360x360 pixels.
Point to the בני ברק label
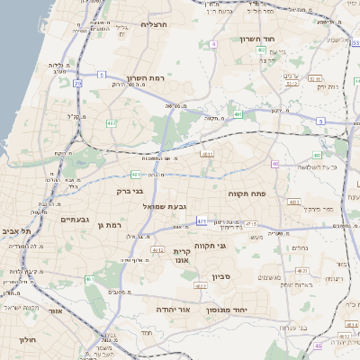pyautogui.click(x=130, y=191)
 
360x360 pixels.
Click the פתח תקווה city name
pyautogui.click(x=245, y=191)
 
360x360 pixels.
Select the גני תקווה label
pyautogui.click(x=234, y=245)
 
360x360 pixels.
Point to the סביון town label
pyautogui.click(x=221, y=276)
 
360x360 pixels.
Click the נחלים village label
pyautogui.click(x=300, y=247)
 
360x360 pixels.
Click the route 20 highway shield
pyautogui.click(x=77, y=84)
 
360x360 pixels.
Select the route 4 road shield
pyautogui.click(x=212, y=43)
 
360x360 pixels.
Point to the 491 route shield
pyautogui.click(x=237, y=115)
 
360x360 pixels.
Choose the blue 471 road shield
pyautogui.click(x=202, y=221)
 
